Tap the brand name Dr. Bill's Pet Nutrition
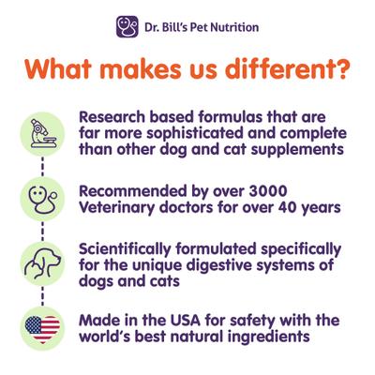pyautogui.click(x=200, y=27)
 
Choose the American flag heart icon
pyautogui.click(x=41, y=327)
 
